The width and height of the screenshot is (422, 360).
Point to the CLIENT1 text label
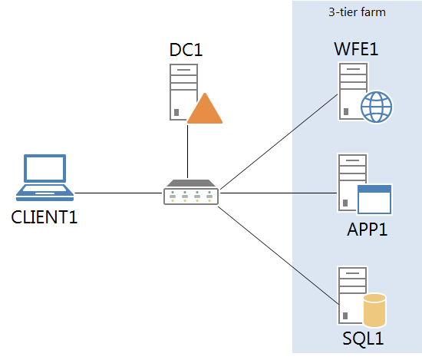pos(45,216)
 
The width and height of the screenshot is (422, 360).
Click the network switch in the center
pos(191,193)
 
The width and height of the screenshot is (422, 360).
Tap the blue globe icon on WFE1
pos(376,107)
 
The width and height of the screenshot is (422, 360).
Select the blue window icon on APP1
pos(374,198)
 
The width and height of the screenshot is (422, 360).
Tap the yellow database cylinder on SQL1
pos(374,310)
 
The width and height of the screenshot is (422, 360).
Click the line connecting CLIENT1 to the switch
pos(119,193)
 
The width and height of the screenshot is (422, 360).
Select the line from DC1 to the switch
pos(187,150)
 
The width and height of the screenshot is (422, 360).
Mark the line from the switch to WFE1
pos(276,143)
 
